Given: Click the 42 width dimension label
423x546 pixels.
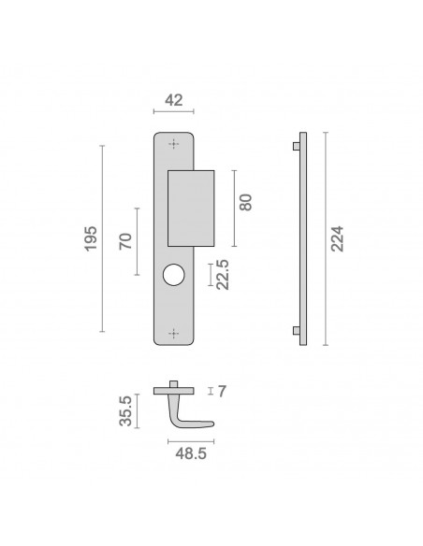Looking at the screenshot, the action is pyautogui.click(x=173, y=100).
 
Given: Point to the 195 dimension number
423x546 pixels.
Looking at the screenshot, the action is pyautogui.click(x=91, y=238).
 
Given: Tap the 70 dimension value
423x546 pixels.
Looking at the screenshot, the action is pyautogui.click(x=125, y=241).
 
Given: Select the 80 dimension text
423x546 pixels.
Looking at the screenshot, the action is pyautogui.click(x=245, y=202).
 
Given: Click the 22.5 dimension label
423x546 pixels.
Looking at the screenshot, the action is pyautogui.click(x=223, y=274).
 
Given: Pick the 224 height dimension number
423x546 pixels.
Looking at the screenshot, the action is pyautogui.click(x=337, y=238).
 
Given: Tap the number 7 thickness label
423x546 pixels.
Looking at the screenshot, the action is pyautogui.click(x=222, y=392).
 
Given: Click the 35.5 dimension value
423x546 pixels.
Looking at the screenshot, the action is pyautogui.click(x=125, y=410).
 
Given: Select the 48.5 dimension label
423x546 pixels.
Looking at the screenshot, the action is pyautogui.click(x=191, y=453).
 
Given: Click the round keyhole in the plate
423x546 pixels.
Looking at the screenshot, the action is pyautogui.click(x=173, y=275).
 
